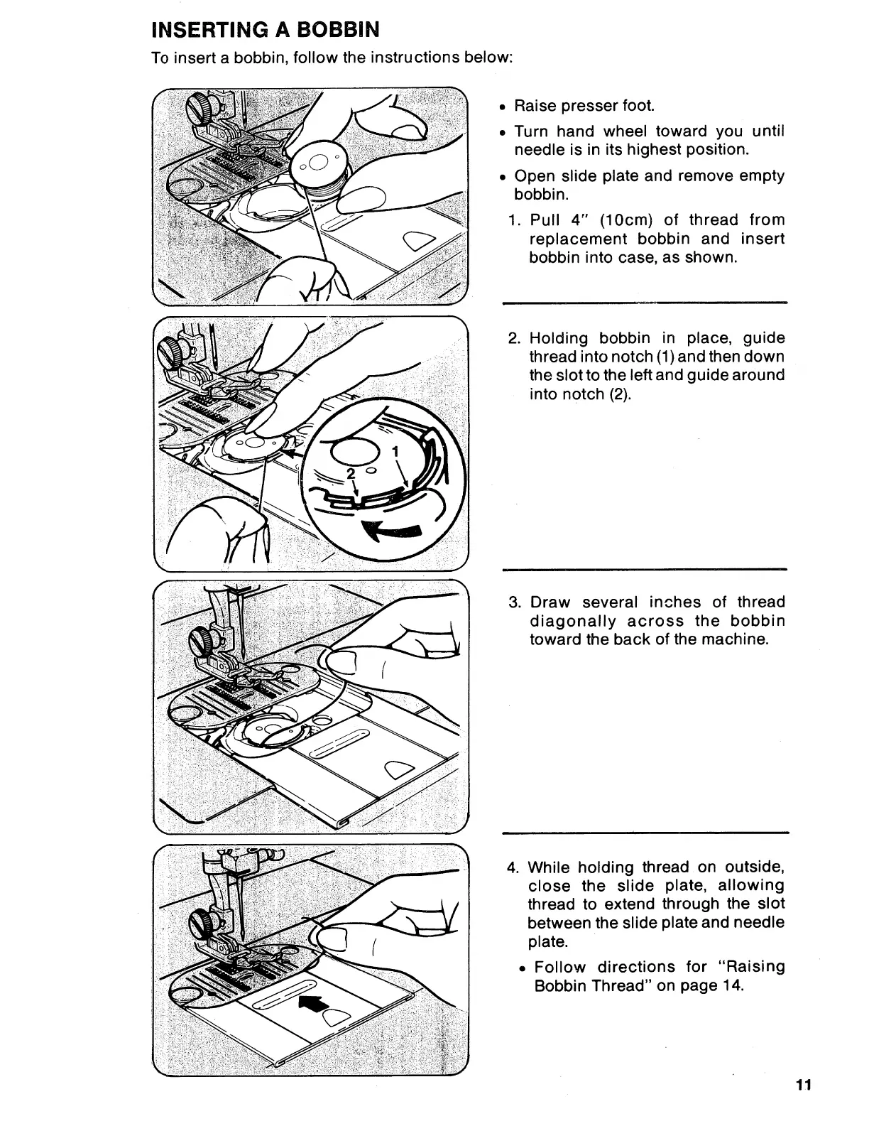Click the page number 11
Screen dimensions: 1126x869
(x=803, y=1105)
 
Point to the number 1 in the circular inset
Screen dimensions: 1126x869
(x=396, y=452)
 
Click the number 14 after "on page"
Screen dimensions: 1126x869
(x=733, y=986)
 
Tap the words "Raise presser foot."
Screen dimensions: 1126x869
(x=584, y=106)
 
